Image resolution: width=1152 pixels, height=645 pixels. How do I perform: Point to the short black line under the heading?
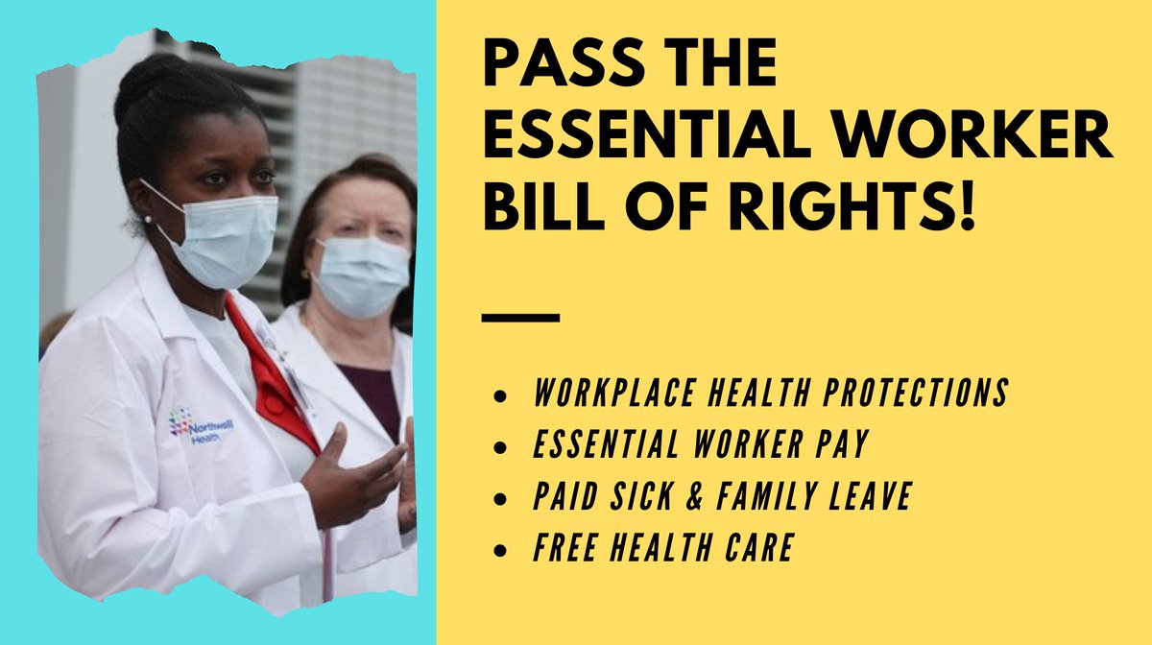click(518, 317)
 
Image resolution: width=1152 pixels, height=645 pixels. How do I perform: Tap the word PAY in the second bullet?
click(839, 445)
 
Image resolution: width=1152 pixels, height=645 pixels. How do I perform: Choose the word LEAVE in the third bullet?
click(870, 497)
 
